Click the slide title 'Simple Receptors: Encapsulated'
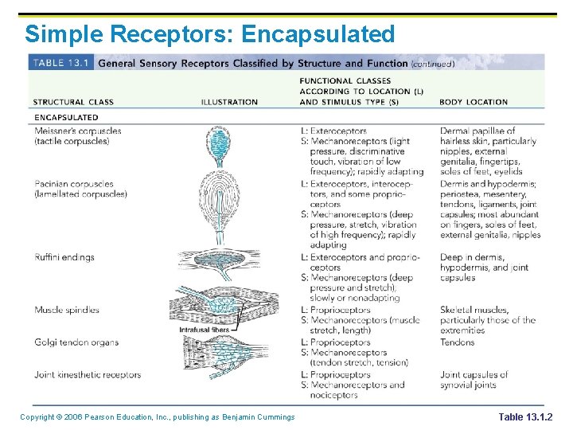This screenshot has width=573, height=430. [x=209, y=34]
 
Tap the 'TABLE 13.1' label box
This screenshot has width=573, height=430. [x=61, y=63]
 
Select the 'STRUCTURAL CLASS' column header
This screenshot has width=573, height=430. [x=73, y=102]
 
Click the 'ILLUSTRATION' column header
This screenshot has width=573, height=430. [x=229, y=102]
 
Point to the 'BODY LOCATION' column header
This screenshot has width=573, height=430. [x=474, y=102]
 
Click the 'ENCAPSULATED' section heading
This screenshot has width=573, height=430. [x=66, y=118]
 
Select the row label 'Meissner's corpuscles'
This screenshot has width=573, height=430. [x=78, y=131]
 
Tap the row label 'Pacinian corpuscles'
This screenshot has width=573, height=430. [x=74, y=184]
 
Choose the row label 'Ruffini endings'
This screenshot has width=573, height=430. [x=64, y=257]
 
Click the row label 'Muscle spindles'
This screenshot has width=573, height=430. [x=67, y=310]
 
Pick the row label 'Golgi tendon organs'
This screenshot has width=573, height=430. [x=76, y=342]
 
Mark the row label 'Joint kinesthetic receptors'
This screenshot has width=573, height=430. [x=88, y=374]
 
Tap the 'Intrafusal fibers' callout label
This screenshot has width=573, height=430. [x=204, y=329]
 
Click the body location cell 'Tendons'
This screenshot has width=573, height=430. [x=457, y=342]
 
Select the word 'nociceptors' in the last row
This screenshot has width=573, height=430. [x=334, y=395]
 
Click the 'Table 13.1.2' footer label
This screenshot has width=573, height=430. [x=524, y=417]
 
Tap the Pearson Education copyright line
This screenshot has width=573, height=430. [x=158, y=417]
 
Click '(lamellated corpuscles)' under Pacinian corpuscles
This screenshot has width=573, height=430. [x=80, y=194]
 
